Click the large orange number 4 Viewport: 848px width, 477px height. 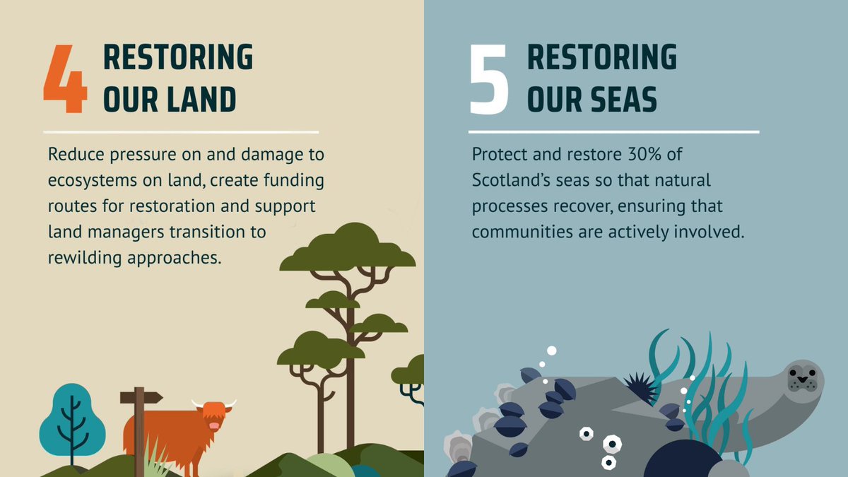(x=65, y=80)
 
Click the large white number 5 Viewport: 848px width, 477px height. (x=489, y=80)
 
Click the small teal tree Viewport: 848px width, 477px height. (x=71, y=424)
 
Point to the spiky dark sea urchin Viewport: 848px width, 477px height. (x=641, y=387)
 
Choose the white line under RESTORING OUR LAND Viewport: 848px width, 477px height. (x=180, y=131)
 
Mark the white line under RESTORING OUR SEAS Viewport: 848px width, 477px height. (x=613, y=131)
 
